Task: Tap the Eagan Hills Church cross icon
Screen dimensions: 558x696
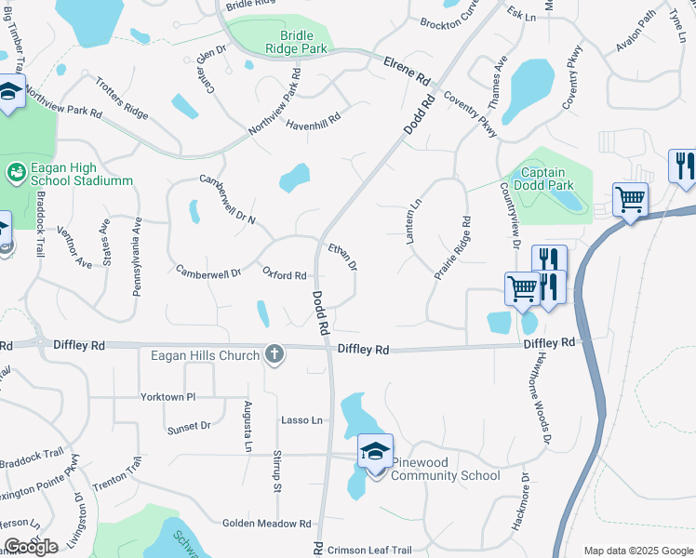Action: pos(274,354)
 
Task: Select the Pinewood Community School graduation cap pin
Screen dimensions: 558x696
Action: pos(375,452)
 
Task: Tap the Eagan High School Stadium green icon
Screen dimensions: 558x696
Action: pos(15,172)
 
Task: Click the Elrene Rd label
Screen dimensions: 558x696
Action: pos(408,68)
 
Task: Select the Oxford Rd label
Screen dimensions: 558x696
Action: pos(284,275)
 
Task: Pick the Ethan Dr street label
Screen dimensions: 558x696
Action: pos(342,256)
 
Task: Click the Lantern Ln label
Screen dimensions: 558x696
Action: pos(413,222)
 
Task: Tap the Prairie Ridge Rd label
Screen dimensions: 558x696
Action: pos(453,248)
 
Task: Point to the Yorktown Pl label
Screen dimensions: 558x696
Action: pos(168,396)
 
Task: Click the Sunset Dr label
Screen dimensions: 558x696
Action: pos(189,426)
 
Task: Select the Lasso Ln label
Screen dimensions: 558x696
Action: pos(301,420)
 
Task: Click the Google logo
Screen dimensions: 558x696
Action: pos(31,547)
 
